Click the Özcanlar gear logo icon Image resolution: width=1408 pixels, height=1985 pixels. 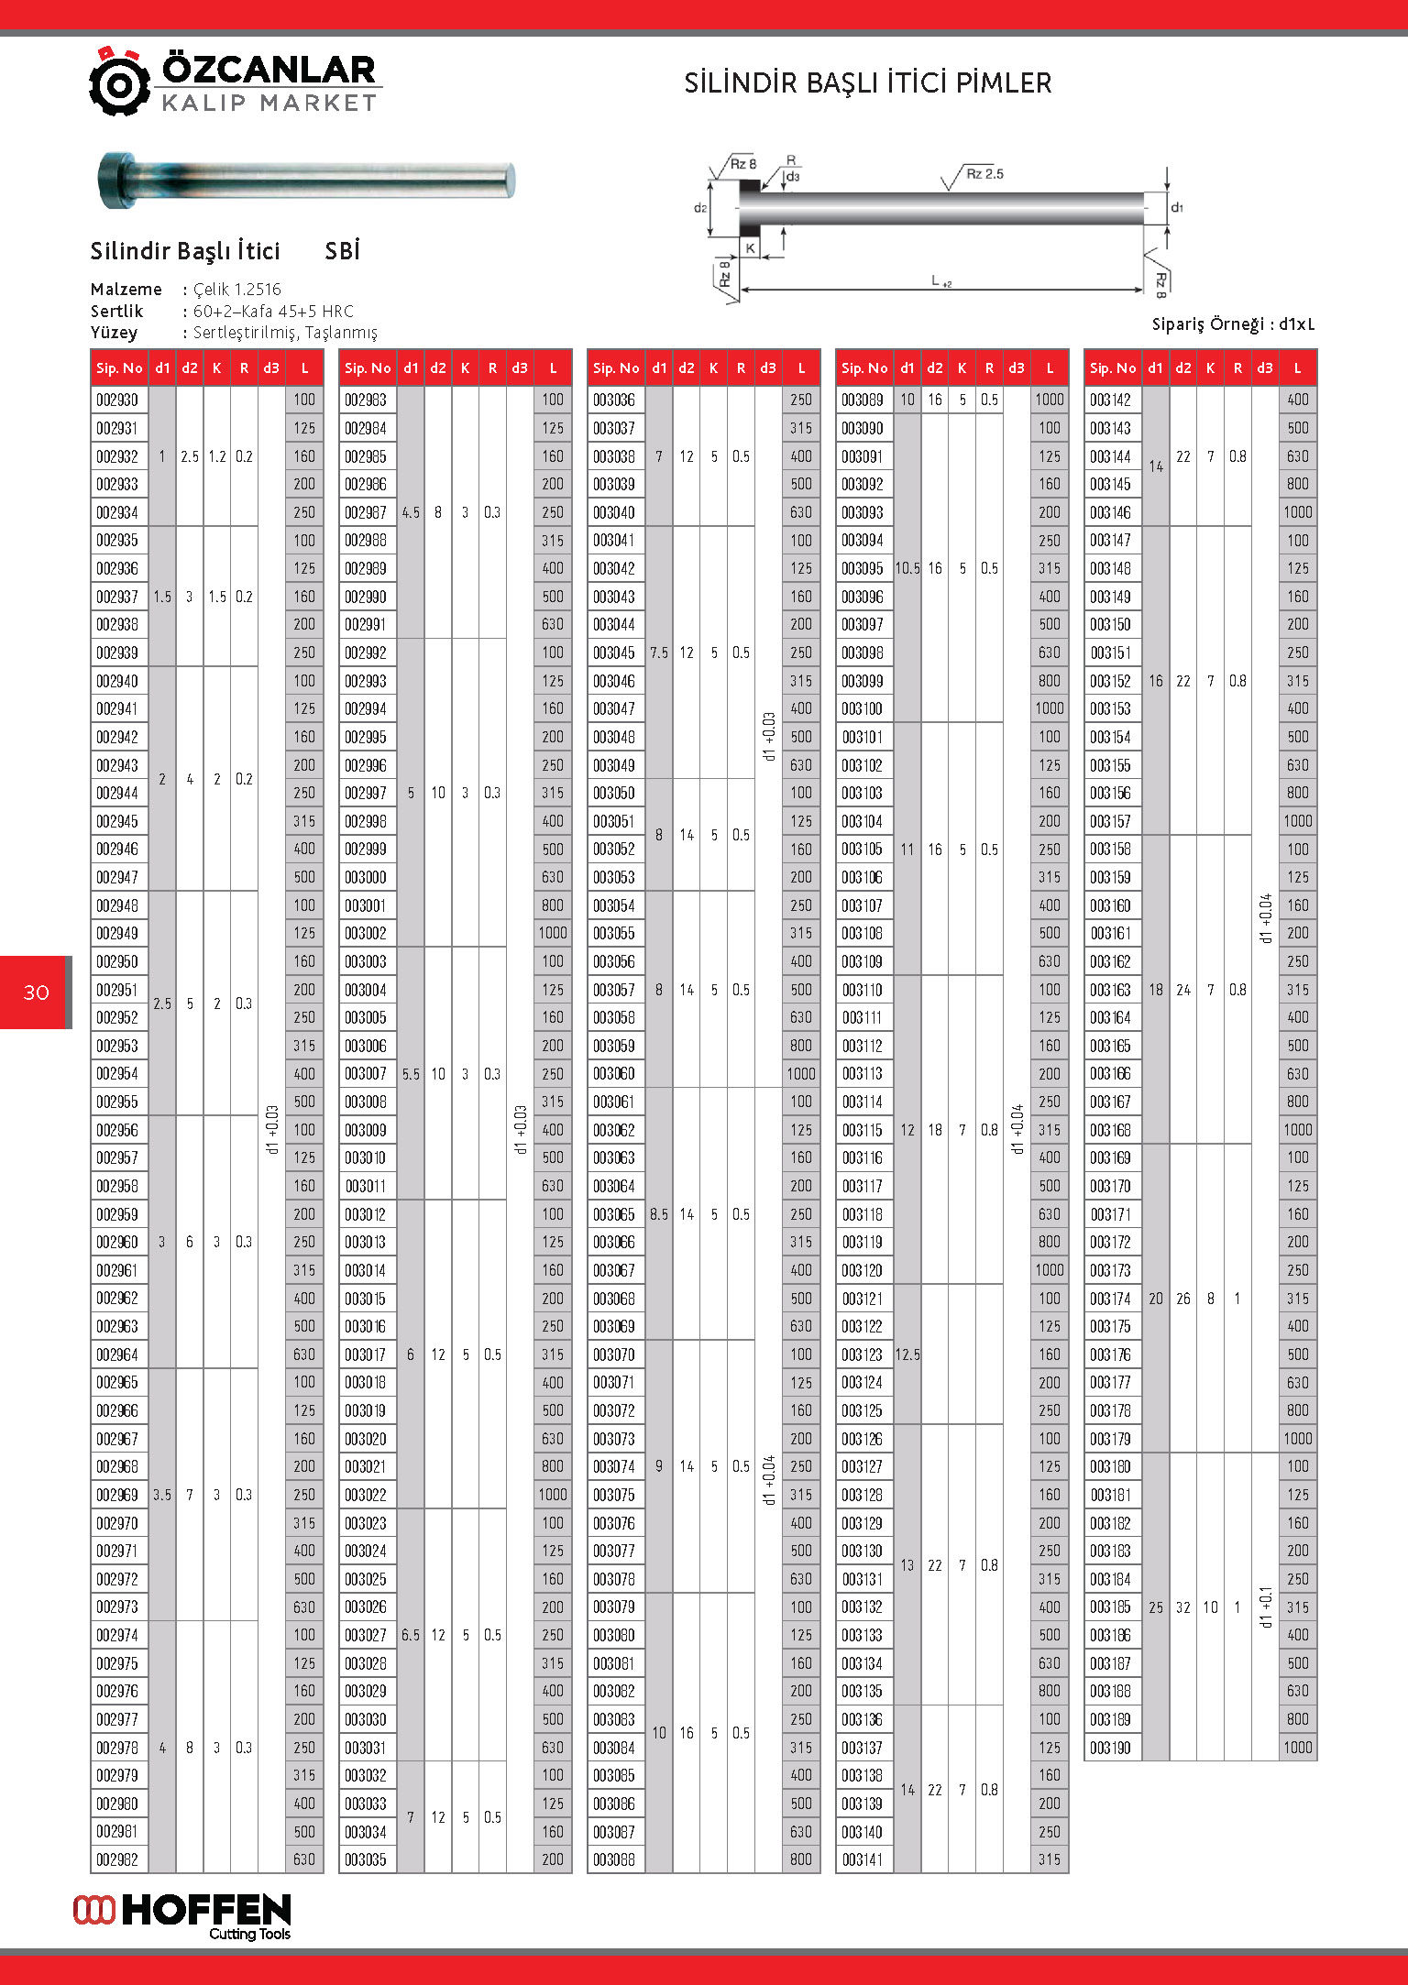120,82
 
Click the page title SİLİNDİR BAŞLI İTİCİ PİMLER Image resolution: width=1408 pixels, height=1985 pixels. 867,83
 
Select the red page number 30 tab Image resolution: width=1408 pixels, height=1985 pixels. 36,992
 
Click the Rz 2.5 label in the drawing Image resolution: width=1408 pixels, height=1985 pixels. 984,173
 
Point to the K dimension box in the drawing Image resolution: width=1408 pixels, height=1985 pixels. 750,248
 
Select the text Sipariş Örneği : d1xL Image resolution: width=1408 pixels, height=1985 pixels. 1233,324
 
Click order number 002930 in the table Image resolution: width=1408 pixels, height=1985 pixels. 117,400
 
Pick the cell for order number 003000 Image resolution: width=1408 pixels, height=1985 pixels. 366,877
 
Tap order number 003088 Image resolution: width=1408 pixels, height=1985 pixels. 614,1859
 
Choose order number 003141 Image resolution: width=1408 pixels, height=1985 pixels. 863,1859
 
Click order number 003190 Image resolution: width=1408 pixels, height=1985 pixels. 1111,1748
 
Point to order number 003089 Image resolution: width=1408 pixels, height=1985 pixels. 863,400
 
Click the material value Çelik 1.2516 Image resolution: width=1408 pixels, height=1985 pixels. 236,290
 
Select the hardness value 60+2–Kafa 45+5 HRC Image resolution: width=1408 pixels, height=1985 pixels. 272,312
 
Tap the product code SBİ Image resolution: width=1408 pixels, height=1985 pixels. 342,251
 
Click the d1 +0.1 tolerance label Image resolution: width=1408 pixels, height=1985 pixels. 1266,1607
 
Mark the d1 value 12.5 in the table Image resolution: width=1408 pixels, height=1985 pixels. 907,1354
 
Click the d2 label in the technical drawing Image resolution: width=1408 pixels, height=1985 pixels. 700,208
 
